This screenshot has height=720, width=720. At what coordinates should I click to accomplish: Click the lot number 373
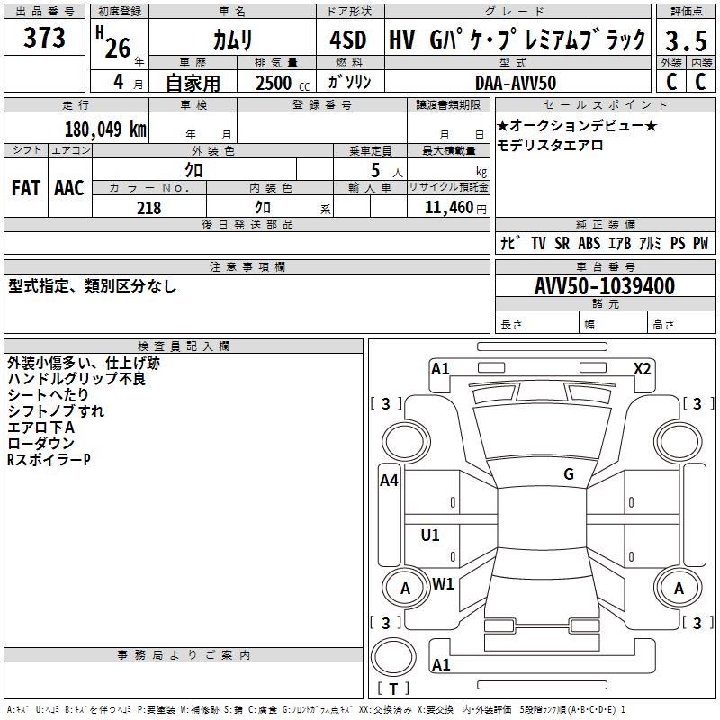click(x=45, y=38)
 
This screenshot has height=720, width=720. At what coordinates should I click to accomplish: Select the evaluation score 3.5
click(x=684, y=41)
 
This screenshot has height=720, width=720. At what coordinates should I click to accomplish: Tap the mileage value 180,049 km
click(x=105, y=129)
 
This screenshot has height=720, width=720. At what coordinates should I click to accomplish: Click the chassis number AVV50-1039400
click(x=605, y=286)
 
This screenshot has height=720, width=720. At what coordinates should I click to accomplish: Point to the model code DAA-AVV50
click(x=516, y=83)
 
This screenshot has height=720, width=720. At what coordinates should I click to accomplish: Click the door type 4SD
click(x=349, y=40)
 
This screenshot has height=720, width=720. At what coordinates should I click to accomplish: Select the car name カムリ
click(x=233, y=40)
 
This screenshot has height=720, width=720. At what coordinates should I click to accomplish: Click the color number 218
click(x=148, y=208)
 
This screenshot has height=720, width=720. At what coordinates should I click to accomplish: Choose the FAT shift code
click(x=26, y=188)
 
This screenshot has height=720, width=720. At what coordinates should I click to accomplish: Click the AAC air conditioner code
click(x=69, y=188)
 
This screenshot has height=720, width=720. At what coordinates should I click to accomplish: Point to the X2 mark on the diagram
click(x=643, y=368)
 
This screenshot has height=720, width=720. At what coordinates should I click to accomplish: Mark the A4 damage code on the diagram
click(x=389, y=481)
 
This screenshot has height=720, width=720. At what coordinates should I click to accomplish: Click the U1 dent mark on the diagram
click(x=431, y=535)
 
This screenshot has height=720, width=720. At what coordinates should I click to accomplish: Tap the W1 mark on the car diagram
click(x=443, y=583)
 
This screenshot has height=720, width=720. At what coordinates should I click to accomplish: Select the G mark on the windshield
click(x=569, y=473)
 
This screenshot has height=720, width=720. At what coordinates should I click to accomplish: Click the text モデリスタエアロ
click(x=550, y=145)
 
